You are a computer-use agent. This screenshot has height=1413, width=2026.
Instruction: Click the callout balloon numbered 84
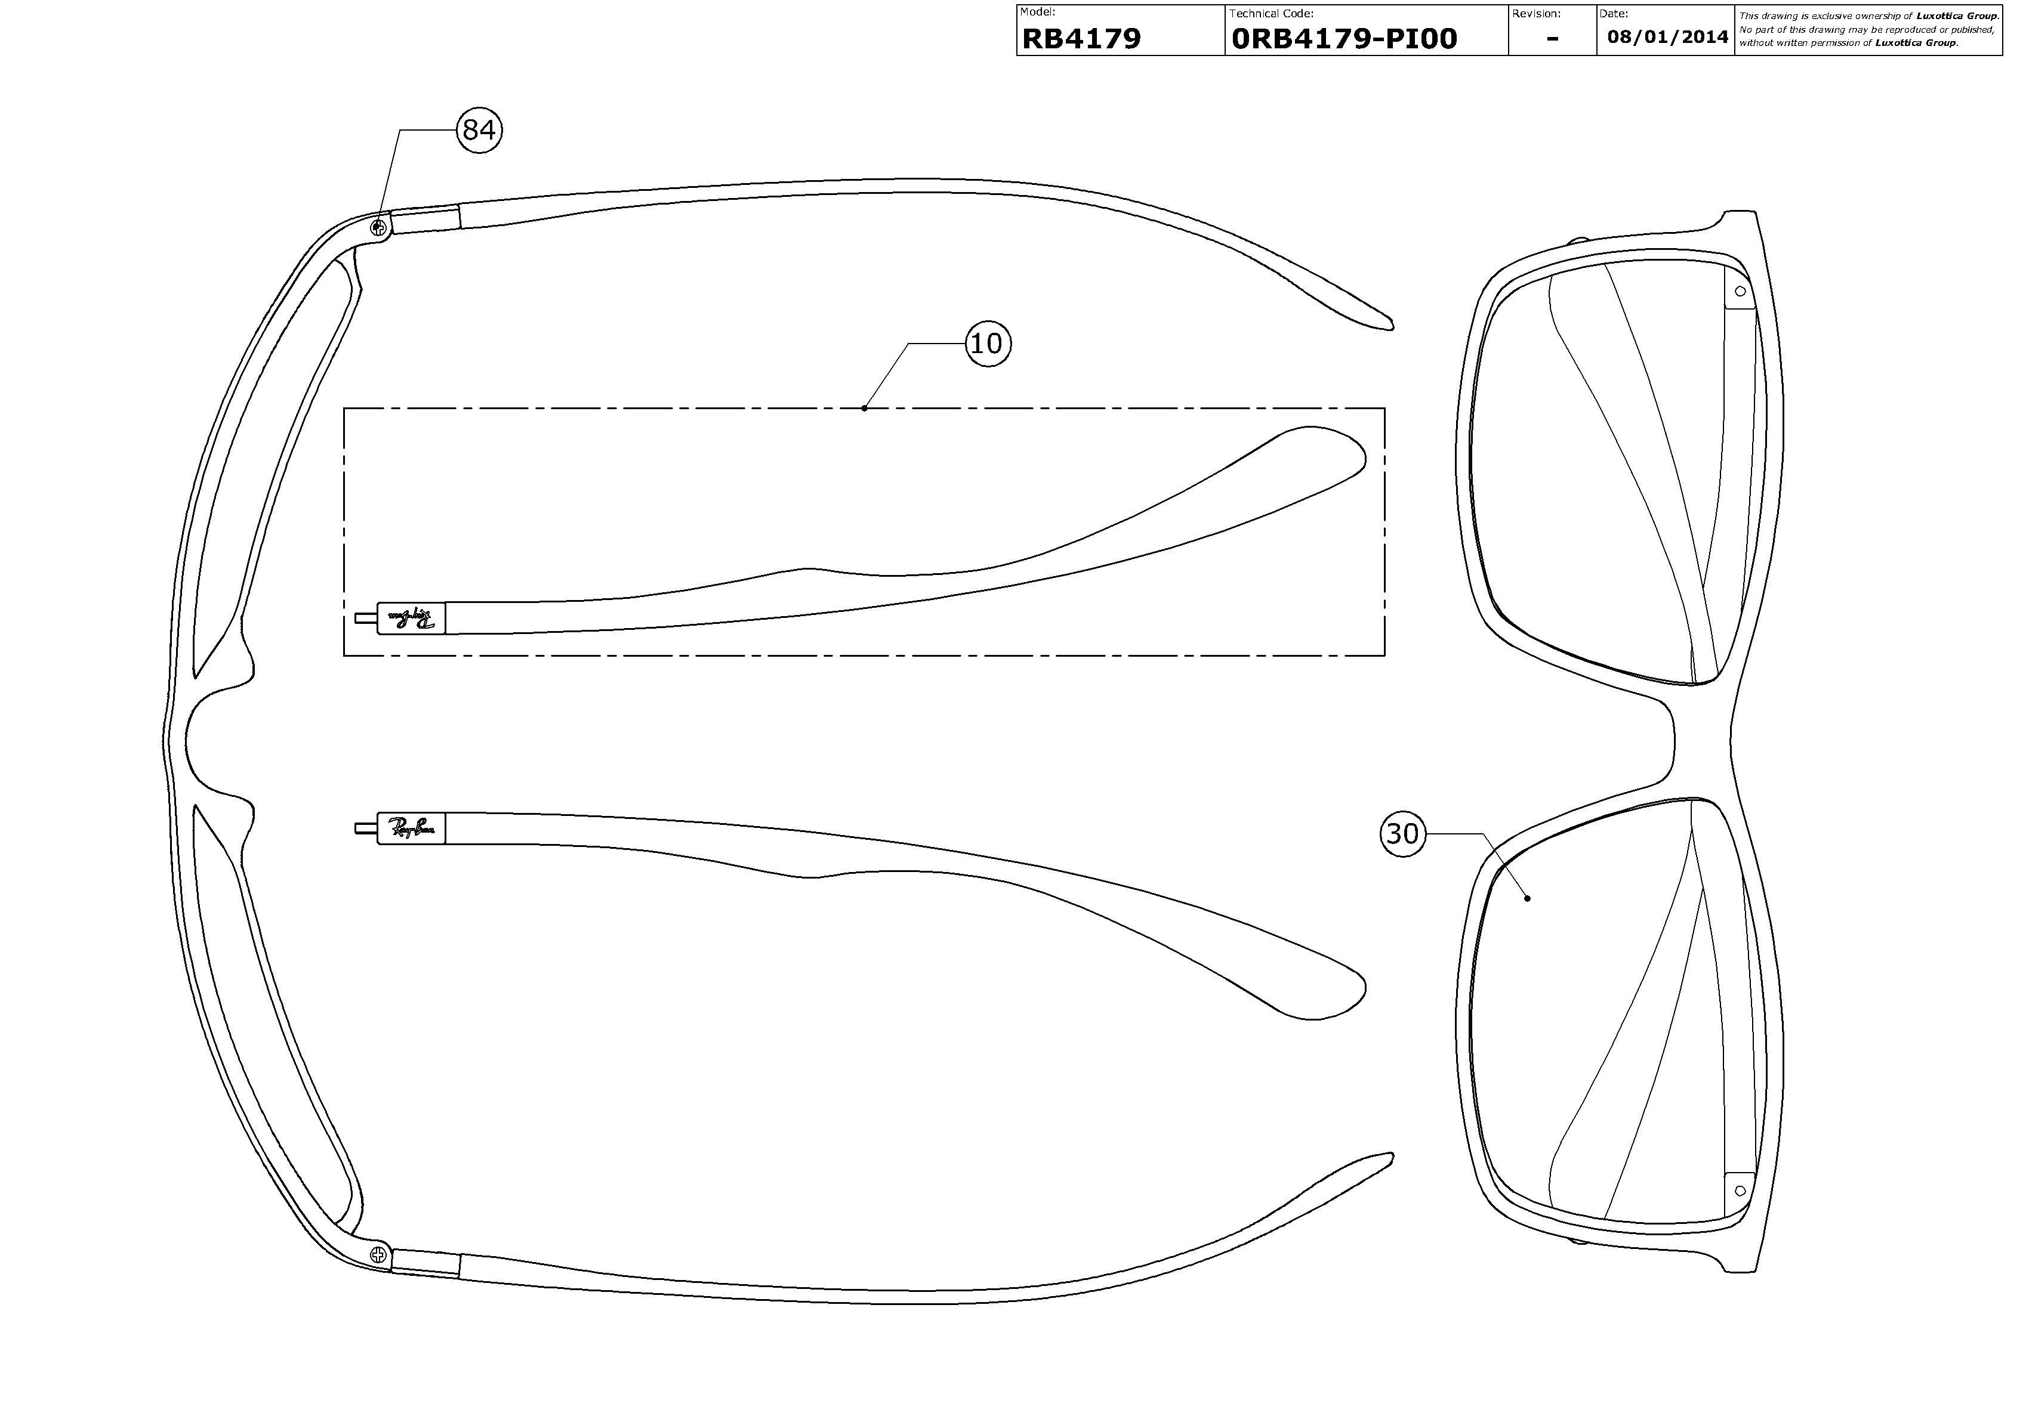point(479,129)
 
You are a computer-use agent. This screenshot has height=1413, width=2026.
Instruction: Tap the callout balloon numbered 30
point(1402,833)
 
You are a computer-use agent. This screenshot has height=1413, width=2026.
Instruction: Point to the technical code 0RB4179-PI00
point(1344,39)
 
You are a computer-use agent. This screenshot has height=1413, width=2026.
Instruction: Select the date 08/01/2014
point(1667,37)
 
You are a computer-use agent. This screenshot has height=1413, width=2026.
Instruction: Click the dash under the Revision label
point(1552,39)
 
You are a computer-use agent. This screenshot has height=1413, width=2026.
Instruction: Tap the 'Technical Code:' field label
point(1272,13)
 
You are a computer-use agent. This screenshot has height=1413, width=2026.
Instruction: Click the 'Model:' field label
point(1038,13)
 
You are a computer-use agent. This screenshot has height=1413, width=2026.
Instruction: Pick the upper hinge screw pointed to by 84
point(378,228)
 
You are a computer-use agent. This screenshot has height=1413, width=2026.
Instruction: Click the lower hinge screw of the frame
point(378,1253)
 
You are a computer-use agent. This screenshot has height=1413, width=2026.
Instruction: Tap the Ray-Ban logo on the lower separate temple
point(412,828)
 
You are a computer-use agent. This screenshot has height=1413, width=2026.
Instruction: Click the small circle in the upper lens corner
point(1741,291)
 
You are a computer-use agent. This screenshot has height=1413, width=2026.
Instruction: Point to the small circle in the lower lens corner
point(1740,1190)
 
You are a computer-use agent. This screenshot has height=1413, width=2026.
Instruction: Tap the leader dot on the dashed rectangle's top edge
point(865,407)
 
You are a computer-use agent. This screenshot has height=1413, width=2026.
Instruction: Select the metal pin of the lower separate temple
point(365,828)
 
